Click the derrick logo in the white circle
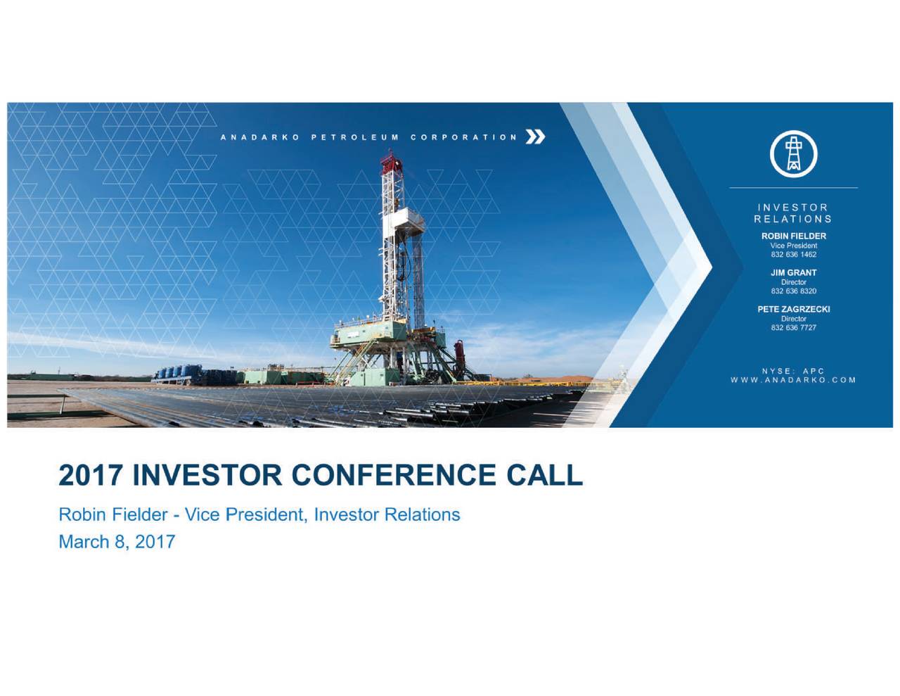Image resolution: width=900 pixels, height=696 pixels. pos(793,153)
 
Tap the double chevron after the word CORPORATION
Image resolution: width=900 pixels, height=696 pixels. pos(535,137)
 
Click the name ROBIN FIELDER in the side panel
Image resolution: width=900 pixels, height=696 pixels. pos(793,236)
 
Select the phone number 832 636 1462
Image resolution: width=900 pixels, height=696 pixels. pos(793,255)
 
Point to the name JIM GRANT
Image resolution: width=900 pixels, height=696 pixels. pos(793,272)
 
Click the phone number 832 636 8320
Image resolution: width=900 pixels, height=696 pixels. pos(793,291)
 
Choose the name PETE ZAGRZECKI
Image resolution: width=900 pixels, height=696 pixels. pos(793,309)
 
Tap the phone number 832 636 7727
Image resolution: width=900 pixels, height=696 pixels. pos(793,328)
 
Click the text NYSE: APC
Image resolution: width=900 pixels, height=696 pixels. pos(793,371)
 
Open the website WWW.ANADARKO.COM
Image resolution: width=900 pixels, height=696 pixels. pos(793,380)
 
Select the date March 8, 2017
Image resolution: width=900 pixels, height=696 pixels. pos(116,542)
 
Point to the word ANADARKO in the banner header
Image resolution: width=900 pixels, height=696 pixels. pos(260,137)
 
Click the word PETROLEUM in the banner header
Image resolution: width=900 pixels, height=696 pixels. pos(355,137)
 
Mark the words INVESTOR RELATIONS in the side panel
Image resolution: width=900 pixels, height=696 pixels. pos(793,213)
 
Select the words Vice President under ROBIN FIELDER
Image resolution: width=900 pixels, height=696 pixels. pos(793,246)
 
